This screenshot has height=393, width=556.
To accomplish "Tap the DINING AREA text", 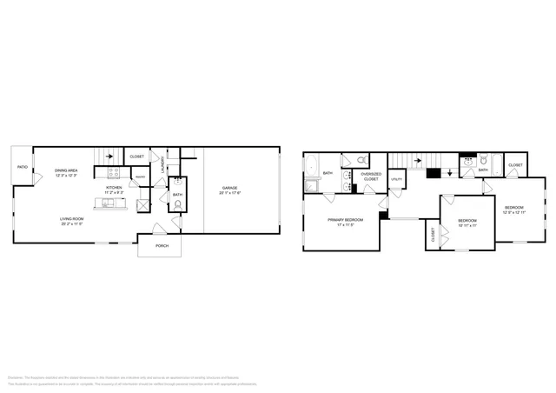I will coord(67,171).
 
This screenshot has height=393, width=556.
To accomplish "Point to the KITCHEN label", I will coord(114,187).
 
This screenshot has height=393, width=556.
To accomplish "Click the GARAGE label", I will coord(229,188).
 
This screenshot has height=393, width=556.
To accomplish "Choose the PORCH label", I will coord(162,246).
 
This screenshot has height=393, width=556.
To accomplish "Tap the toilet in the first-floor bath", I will coord(177,206).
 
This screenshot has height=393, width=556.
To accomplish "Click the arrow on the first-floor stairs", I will coord(109,157).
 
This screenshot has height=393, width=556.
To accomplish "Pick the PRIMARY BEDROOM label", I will coord(345,220).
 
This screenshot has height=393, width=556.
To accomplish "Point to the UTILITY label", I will coord(396,180).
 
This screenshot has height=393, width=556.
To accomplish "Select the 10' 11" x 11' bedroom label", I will coord(467,222).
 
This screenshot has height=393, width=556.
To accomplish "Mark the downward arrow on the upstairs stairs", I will coord(449,173).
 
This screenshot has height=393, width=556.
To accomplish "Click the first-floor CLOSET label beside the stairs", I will coord(136,157).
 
